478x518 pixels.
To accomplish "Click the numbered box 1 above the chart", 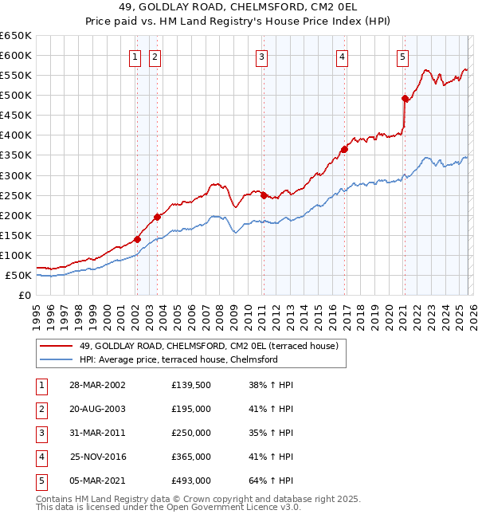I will (x=135, y=57).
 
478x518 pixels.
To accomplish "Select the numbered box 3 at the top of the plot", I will (x=261, y=57).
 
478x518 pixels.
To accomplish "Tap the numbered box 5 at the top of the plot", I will (x=402, y=57).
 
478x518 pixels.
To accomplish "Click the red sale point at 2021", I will (x=405, y=98).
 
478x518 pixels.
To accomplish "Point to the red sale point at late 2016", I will (x=344, y=149).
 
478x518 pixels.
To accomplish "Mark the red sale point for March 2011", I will (x=264, y=195).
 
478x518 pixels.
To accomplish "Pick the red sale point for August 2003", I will (x=157, y=217).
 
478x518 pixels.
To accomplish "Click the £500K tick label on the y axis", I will (x=16, y=96).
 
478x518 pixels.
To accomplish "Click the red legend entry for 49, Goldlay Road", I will (x=209, y=345).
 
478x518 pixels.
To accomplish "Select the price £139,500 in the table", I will (x=190, y=385).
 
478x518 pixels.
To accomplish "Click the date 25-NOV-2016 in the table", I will (x=99, y=457).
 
